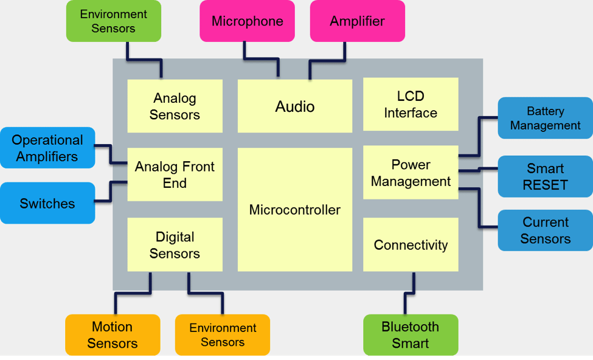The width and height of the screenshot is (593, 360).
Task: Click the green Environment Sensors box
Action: point(114,21)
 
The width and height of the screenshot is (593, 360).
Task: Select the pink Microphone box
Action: point(247,21)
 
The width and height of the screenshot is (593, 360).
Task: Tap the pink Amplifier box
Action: point(357,21)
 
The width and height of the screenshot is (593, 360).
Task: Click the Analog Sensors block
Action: point(175,106)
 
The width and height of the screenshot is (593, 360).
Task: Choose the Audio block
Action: point(294,106)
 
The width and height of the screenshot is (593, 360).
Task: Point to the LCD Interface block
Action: point(411,104)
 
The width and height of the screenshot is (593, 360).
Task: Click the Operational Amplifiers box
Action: point(47,148)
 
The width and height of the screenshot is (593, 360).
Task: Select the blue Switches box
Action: point(47,203)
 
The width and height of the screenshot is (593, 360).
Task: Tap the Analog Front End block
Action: point(175,175)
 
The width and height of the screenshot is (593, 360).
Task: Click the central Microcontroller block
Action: point(294,210)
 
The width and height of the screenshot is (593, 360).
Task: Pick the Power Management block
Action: point(411,173)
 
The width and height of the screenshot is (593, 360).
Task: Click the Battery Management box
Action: point(545,118)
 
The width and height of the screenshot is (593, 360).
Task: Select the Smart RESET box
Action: point(545,176)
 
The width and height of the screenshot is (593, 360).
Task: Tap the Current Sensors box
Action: point(545,230)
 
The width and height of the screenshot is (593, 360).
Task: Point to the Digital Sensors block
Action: point(175,245)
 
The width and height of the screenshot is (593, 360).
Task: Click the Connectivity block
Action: point(411,245)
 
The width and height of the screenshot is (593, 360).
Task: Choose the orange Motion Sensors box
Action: point(113,334)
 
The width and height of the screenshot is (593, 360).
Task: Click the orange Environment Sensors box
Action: point(223,334)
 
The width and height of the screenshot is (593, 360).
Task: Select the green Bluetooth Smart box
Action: point(411,334)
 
